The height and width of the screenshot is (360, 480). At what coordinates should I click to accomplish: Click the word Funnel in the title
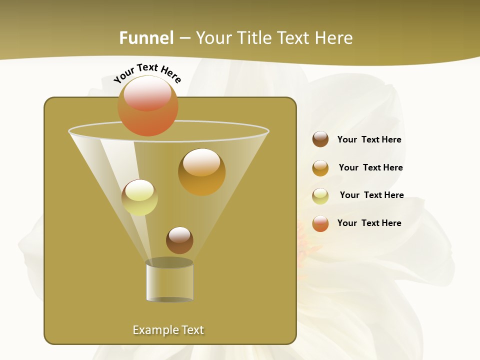tap(146, 38)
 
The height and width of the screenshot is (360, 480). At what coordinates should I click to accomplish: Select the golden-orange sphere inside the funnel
tap(202, 172)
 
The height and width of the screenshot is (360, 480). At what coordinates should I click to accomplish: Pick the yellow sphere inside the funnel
tap(139, 197)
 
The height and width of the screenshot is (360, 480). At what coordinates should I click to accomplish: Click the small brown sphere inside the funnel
tap(179, 240)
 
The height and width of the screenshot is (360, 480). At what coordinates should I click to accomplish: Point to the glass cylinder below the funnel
tap(169, 280)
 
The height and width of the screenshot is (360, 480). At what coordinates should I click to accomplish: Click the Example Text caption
tap(168, 330)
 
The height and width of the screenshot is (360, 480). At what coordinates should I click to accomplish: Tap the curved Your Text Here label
tap(147, 73)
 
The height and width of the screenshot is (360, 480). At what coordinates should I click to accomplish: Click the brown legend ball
tap(320, 139)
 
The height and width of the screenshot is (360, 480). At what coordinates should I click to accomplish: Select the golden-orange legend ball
tap(320, 168)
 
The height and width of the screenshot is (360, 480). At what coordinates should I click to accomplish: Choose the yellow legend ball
tap(320, 196)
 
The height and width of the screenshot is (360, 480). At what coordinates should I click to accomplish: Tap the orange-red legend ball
tap(320, 223)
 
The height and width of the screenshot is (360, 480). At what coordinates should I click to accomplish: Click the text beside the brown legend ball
tap(369, 140)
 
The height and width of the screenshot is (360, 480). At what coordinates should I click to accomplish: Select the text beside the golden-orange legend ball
tap(370, 168)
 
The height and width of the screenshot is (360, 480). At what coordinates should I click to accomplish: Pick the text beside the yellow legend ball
tap(371, 195)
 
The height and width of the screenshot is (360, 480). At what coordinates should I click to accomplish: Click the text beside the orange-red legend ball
tap(369, 223)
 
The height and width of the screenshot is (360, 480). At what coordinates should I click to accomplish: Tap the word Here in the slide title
tap(334, 38)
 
